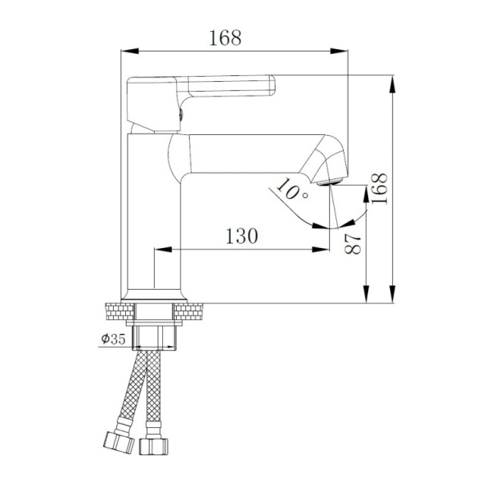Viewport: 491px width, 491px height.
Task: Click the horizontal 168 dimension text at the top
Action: (227, 38)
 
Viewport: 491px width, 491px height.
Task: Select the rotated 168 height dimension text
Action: (379, 189)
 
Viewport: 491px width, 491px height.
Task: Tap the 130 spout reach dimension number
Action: (241, 236)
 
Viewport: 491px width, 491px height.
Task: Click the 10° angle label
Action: (291, 190)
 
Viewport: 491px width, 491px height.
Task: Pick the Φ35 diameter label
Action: (112, 340)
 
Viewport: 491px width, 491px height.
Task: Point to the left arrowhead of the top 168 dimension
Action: (127, 51)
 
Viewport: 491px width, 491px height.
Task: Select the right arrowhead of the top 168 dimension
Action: (344, 51)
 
